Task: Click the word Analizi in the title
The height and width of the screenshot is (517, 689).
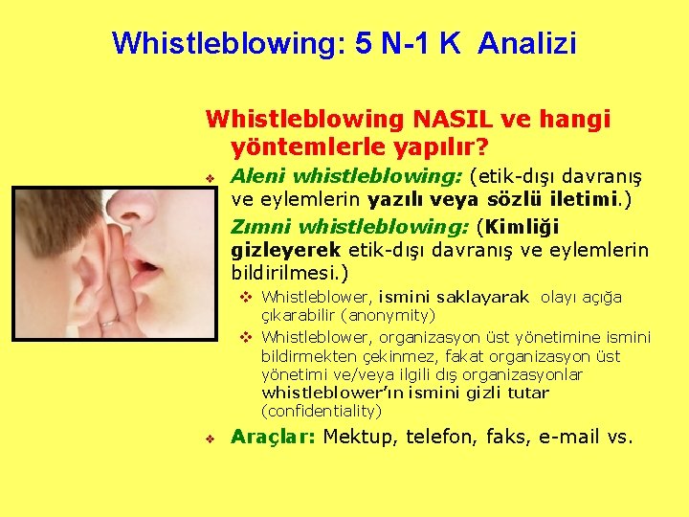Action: (527, 43)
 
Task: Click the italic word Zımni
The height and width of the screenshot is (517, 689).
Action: (261, 227)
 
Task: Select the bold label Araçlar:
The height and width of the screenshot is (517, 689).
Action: (273, 438)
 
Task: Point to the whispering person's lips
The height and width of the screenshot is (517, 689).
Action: (148, 262)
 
